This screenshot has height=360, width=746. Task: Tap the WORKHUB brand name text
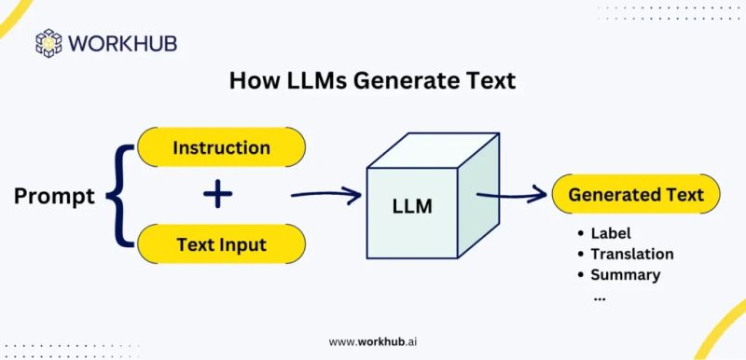[x=121, y=44]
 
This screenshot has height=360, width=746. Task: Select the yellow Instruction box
[x=221, y=147]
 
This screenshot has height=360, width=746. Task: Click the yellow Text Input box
[x=221, y=245]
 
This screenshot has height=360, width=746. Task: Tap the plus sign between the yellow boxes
[x=218, y=196]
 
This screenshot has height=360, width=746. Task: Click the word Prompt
[x=54, y=197]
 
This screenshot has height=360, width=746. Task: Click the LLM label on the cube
[x=411, y=205]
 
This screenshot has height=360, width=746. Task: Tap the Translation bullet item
[x=631, y=254]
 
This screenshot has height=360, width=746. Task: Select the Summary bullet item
[x=625, y=274]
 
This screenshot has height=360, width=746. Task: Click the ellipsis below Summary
[x=599, y=297]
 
